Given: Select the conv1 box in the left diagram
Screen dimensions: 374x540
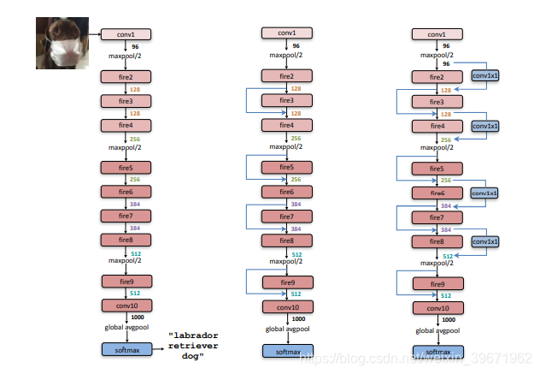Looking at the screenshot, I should [126, 34].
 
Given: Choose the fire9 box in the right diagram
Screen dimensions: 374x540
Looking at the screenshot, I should [437, 284].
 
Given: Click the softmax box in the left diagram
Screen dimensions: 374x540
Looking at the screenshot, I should [126, 348].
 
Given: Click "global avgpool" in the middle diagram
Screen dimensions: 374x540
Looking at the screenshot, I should [286, 329].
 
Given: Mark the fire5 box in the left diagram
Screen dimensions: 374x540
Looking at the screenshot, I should [126, 168].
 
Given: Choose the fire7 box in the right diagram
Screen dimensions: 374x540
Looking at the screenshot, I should [437, 218].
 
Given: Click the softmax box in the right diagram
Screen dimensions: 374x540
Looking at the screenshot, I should [437, 351].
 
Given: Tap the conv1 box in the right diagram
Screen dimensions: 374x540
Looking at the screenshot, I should [437, 34].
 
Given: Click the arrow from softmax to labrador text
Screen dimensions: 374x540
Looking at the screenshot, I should [158, 348].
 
